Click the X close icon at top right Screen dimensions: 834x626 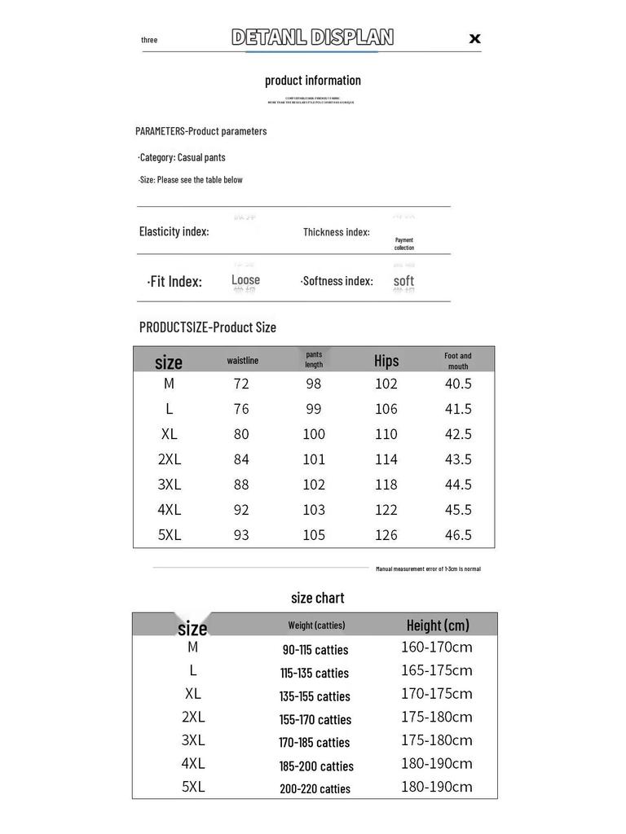pyautogui.click(x=474, y=38)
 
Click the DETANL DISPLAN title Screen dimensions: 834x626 pyautogui.click(x=312, y=37)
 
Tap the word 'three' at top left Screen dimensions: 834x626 pyautogui.click(x=149, y=40)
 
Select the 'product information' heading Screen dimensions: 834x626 pyautogui.click(x=313, y=80)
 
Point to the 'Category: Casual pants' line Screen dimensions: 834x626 pyautogui.click(x=182, y=157)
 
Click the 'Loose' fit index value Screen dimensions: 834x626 pyautogui.click(x=245, y=280)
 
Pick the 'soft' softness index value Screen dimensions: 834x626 pyautogui.click(x=403, y=281)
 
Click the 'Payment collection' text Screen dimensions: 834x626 pyautogui.click(x=404, y=244)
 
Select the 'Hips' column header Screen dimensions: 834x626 pyautogui.click(x=386, y=360)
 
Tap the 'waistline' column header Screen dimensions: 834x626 pyautogui.click(x=242, y=360)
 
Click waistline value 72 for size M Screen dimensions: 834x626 pyautogui.click(x=241, y=383)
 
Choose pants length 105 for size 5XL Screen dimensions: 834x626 pyautogui.click(x=314, y=534)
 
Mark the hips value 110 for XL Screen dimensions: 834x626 pyautogui.click(x=386, y=433)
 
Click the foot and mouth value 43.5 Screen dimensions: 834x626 pyautogui.click(x=458, y=459)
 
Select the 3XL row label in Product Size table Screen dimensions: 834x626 pyautogui.click(x=170, y=484)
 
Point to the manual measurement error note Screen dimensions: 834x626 pyautogui.click(x=428, y=568)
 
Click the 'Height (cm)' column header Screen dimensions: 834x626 pyautogui.click(x=438, y=625)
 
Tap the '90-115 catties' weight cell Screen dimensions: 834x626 pyautogui.click(x=315, y=649)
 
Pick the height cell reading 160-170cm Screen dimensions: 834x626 pyautogui.click(x=436, y=647)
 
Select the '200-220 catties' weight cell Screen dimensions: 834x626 pyautogui.click(x=315, y=788)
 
